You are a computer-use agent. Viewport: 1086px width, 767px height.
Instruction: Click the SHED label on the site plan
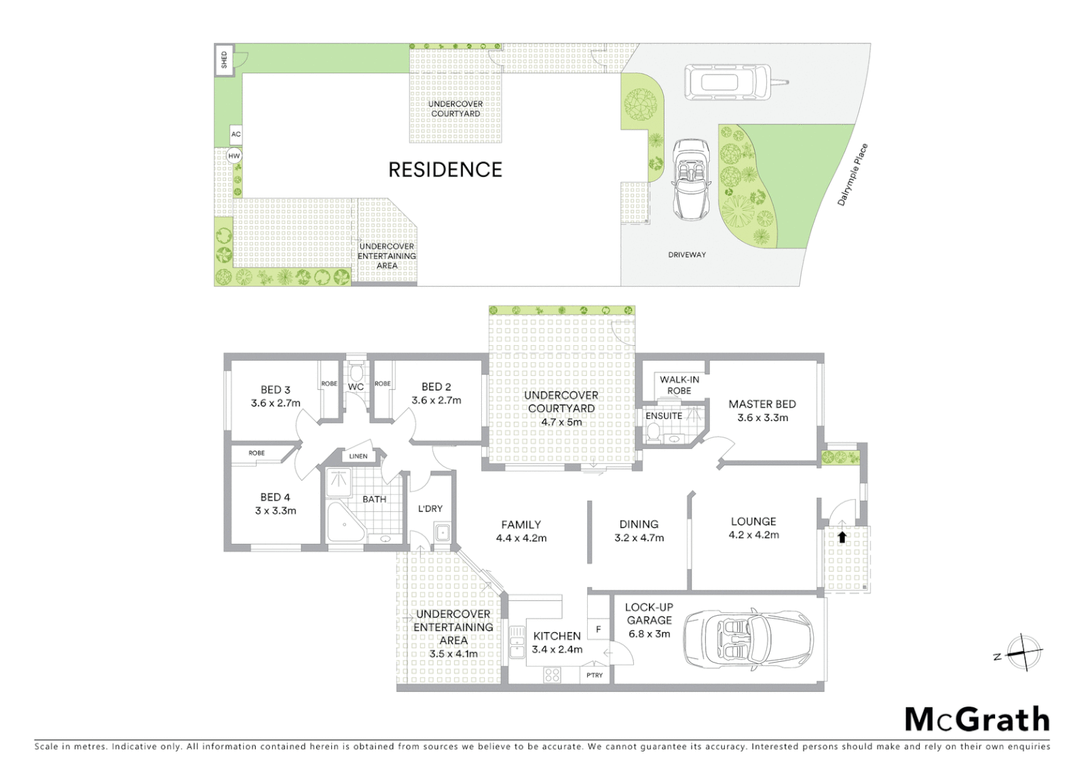[225, 59]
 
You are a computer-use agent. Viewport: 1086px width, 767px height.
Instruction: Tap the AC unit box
[236, 134]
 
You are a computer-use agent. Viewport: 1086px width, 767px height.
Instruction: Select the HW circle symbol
[234, 156]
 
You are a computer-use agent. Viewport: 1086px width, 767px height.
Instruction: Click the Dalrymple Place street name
[852, 175]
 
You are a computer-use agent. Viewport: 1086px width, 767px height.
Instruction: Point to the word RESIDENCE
[445, 170]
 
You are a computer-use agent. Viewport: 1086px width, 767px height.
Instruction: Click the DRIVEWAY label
[687, 254]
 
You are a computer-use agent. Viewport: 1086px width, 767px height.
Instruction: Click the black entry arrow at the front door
[842, 537]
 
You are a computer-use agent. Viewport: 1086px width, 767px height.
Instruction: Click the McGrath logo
[977, 719]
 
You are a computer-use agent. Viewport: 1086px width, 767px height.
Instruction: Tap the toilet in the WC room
[356, 372]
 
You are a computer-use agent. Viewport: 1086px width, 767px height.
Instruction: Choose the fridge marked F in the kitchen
[598, 629]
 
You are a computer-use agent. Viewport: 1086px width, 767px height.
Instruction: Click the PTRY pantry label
[595, 675]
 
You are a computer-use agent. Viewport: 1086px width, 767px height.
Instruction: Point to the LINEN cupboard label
[358, 456]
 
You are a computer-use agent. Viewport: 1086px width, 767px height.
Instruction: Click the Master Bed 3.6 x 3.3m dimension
[762, 418]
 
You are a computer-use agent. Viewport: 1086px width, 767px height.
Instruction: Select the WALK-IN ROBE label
[679, 385]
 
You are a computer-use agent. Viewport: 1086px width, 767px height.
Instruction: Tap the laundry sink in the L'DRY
[442, 531]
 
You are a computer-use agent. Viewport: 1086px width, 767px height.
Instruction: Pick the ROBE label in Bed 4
[257, 453]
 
